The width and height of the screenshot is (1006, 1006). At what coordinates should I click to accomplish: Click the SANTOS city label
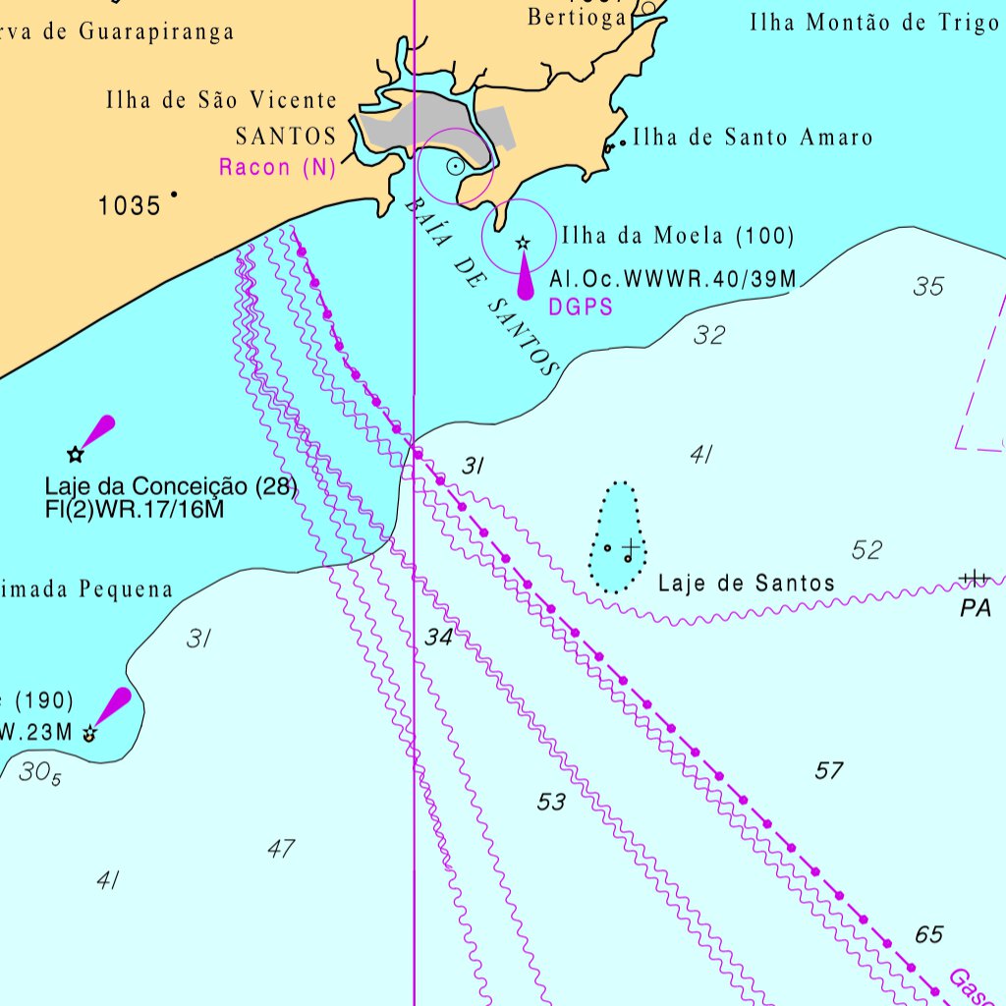click(286, 136)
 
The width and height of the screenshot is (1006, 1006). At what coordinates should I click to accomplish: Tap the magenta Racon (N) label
click(277, 167)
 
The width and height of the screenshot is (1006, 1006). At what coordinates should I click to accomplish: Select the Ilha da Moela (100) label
click(678, 236)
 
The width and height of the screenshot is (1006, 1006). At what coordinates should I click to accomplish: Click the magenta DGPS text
click(581, 307)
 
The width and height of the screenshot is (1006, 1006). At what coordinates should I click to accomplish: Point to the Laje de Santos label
click(746, 584)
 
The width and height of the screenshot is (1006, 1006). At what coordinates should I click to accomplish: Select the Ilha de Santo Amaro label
click(753, 138)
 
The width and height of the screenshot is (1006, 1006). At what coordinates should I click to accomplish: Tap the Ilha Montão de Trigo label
click(874, 24)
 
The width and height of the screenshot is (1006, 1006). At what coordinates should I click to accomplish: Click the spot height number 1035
click(129, 206)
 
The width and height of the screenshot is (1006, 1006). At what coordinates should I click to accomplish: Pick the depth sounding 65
click(928, 934)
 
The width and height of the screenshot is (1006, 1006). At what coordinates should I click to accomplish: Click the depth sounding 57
click(829, 771)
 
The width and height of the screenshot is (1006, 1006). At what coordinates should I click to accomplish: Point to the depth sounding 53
click(551, 803)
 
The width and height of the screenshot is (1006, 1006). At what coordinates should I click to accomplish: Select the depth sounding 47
click(281, 849)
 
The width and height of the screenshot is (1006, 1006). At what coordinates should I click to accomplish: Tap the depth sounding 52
click(866, 550)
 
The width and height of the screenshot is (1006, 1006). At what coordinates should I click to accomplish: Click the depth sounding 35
click(928, 287)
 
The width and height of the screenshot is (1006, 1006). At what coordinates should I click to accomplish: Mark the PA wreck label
click(976, 609)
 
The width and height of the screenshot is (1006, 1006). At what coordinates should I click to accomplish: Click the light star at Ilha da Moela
click(523, 243)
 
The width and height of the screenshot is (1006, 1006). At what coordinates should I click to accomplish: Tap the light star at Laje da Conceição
click(75, 454)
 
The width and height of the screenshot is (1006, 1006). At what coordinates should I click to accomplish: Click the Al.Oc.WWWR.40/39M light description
click(673, 280)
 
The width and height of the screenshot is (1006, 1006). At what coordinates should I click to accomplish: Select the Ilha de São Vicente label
click(221, 100)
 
